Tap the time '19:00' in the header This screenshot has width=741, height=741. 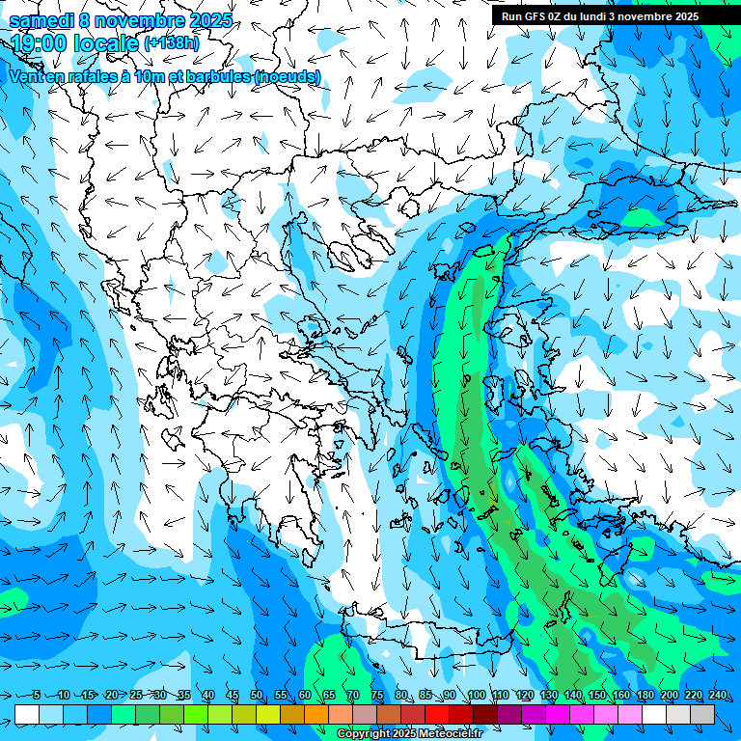pos(41,43)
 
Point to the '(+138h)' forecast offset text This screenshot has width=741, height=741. pos(173,43)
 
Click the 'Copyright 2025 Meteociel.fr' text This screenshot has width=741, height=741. pos(410,734)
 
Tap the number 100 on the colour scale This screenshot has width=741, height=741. pos(476,695)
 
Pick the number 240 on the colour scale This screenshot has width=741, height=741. pos(717,695)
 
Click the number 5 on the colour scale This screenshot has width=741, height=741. pos(36,695)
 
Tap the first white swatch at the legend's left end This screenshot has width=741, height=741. pos(27,714)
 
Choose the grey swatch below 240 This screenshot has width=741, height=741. pos(702,714)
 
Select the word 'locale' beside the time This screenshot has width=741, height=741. pos(106,43)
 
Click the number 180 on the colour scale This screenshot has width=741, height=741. pos(645,695)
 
